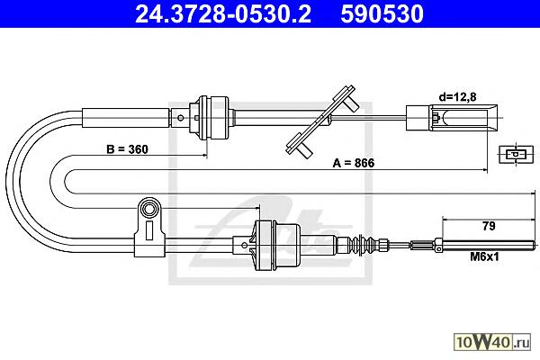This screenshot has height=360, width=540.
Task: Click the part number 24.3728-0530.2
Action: (223, 13)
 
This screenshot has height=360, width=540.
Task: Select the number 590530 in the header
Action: (382, 13)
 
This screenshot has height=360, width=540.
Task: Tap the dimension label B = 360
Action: (128, 149)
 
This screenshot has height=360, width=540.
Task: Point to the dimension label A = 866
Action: (354, 163)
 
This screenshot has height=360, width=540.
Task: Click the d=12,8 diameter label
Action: (458, 97)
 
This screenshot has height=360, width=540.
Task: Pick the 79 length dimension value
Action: (489, 226)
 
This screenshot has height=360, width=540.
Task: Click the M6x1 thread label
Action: (484, 256)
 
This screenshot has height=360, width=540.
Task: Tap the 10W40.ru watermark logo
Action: (492, 342)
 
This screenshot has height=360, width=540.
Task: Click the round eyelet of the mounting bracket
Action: (149, 209)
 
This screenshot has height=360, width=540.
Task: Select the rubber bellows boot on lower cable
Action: (361, 245)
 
